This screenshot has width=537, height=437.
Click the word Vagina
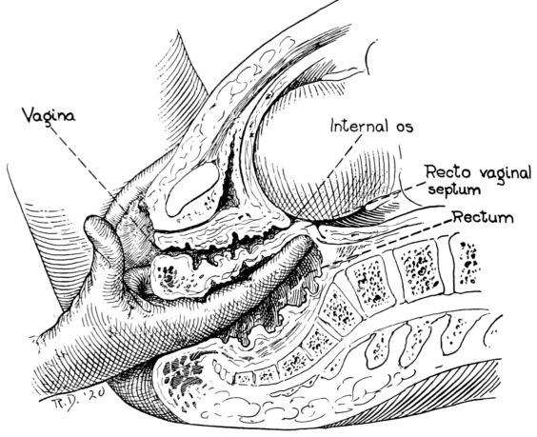(49, 116)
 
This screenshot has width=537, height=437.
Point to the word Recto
(447, 173)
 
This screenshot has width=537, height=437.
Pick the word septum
(454, 189)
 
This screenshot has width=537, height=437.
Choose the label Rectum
(484, 217)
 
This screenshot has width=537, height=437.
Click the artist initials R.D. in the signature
(61, 403)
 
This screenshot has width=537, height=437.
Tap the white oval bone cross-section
(192, 189)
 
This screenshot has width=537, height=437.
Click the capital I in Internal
(332, 126)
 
